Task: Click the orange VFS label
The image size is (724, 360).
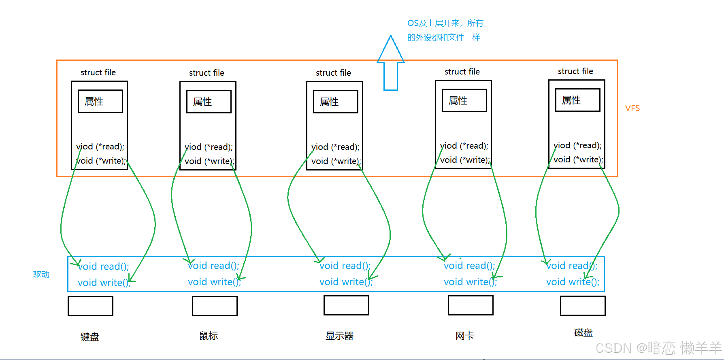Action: click(x=632, y=108)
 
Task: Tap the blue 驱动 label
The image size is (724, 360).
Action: click(x=41, y=275)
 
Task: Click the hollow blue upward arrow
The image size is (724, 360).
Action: click(x=391, y=63)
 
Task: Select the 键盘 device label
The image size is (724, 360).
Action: click(x=90, y=337)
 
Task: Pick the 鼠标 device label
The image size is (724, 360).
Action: click(x=209, y=336)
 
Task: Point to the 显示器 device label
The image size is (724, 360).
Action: click(x=339, y=336)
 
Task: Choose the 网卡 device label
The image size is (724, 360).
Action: click(x=464, y=336)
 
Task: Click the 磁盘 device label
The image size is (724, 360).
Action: click(x=583, y=332)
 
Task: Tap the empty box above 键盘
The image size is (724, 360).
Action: click(x=90, y=306)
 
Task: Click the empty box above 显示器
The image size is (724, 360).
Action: click(x=346, y=305)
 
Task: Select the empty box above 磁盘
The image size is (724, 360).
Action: click(x=583, y=306)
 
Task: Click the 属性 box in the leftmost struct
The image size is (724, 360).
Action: click(x=100, y=101)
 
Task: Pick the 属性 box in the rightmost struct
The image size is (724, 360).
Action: click(x=578, y=100)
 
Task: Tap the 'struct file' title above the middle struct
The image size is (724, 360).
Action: click(x=333, y=73)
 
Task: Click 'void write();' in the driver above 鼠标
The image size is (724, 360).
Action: click(x=214, y=282)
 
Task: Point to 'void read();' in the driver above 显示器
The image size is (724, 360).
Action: click(x=345, y=266)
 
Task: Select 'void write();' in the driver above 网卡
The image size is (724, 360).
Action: click(x=470, y=282)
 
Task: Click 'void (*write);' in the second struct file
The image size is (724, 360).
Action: click(x=209, y=161)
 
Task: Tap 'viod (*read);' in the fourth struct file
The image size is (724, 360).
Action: click(x=464, y=146)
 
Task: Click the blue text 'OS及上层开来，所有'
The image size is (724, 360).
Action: click(x=445, y=23)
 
